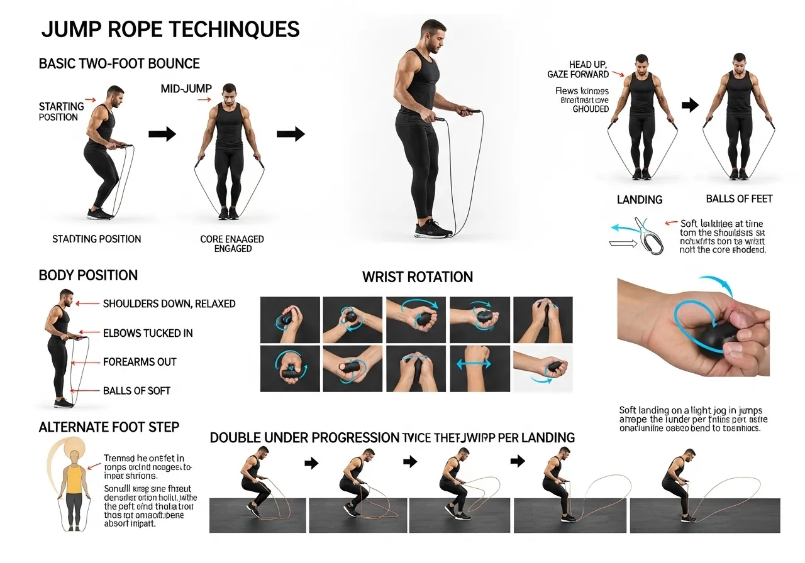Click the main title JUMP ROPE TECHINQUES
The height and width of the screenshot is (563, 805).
(x=170, y=30)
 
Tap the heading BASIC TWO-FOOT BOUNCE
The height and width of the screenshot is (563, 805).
(x=119, y=63)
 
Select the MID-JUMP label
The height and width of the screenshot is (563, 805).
(x=187, y=90)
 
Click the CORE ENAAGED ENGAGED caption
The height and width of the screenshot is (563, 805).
(x=232, y=244)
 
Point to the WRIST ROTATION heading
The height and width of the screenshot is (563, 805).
(x=418, y=277)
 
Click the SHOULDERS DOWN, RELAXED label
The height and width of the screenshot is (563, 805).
(x=169, y=303)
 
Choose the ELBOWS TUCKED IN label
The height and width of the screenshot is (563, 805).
(x=148, y=333)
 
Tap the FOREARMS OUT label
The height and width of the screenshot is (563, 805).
(x=140, y=362)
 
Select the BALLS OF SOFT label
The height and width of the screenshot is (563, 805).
(x=137, y=391)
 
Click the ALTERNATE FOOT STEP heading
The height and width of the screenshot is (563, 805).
(x=109, y=427)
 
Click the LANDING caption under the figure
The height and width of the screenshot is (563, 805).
(x=640, y=200)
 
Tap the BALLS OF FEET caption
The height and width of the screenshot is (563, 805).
(x=739, y=199)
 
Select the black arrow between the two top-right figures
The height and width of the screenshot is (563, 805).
(x=690, y=105)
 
